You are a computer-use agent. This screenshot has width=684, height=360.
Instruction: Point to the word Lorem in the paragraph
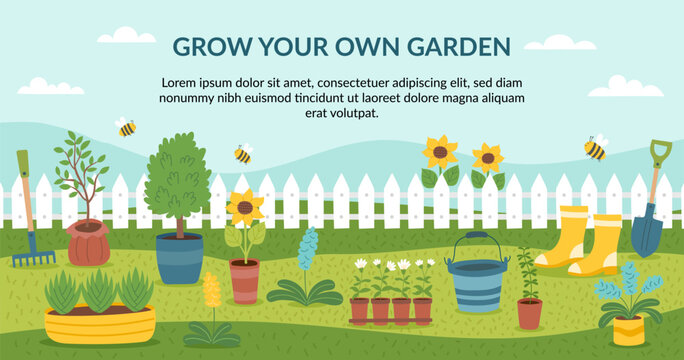pyautogui.click(x=182, y=82)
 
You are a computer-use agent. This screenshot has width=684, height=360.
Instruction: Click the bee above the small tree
pyautogui.click(x=126, y=127)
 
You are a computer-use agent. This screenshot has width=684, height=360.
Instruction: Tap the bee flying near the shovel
pyautogui.click(x=595, y=149)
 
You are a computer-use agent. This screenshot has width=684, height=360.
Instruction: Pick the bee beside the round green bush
pyautogui.click(x=242, y=153)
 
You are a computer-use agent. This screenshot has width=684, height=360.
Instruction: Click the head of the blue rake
pyautogui.click(x=33, y=257)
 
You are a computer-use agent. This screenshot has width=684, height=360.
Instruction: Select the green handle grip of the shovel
pyautogui.click(x=660, y=153)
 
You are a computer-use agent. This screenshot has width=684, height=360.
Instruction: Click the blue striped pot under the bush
pyautogui.click(x=179, y=258)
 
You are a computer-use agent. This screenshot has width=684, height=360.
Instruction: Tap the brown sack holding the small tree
pyautogui.click(x=89, y=243)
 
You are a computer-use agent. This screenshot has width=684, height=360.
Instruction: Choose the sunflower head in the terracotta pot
pyautogui.click(x=245, y=208)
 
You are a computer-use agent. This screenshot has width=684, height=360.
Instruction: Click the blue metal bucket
pyautogui.click(x=476, y=285)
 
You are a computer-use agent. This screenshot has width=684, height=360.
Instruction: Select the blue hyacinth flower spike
pyautogui.click(x=308, y=249)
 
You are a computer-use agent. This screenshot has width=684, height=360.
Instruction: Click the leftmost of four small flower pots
pyautogui.click(x=360, y=310)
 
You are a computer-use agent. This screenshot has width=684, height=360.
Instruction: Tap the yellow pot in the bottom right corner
pyautogui.click(x=629, y=329)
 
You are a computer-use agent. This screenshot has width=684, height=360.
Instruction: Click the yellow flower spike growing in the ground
pyautogui.click(x=211, y=291)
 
